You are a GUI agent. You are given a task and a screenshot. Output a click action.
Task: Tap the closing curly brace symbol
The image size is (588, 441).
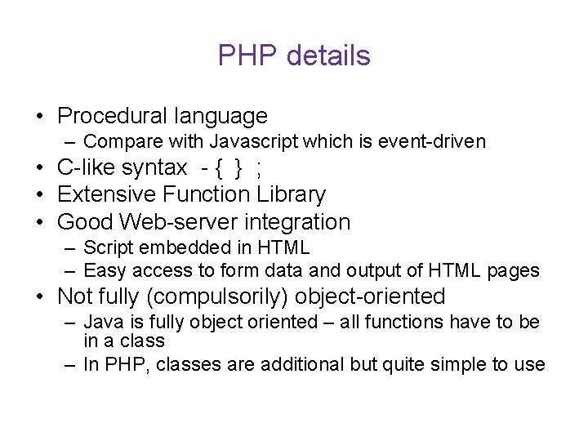coord(238,169)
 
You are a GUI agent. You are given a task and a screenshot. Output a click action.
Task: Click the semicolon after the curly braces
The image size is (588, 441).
coord(259,170)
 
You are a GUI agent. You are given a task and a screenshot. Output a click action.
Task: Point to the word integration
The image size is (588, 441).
coord(302,222)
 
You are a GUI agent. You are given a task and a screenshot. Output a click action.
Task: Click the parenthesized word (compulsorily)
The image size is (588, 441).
coord(225,296)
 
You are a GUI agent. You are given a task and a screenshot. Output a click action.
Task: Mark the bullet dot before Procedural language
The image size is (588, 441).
coord(40,118)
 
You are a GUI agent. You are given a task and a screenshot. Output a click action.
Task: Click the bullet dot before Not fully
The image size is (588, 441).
coord(40,297)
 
